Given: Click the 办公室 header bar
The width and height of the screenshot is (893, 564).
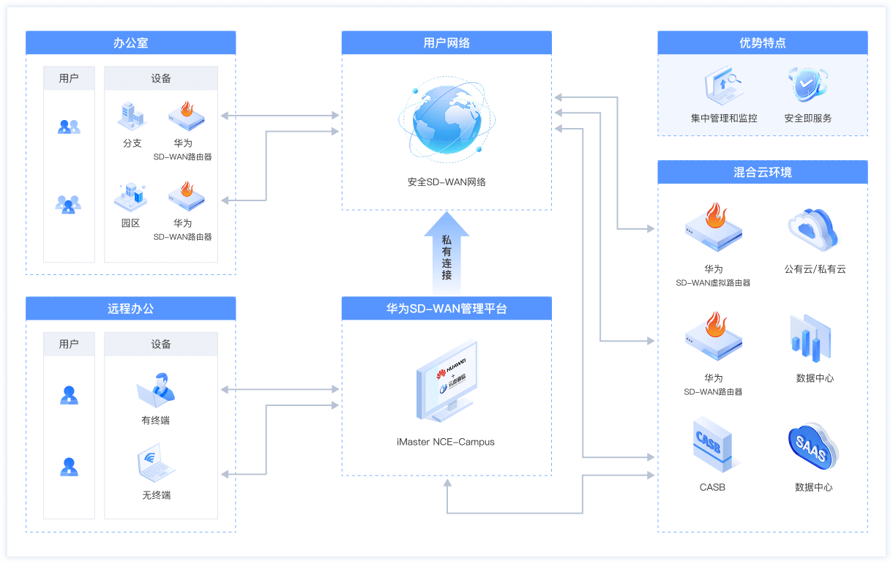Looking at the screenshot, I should tap(130, 42).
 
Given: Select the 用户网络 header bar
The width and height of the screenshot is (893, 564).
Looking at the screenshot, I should tap(446, 42).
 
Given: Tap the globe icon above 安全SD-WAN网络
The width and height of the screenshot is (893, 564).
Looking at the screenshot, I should tap(446, 123).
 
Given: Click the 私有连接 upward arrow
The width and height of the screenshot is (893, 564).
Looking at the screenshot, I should tap(446, 252).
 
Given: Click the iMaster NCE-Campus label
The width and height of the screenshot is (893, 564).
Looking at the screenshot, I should tap(446, 442).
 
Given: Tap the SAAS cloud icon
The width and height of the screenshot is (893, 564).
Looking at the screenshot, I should tap(813, 446).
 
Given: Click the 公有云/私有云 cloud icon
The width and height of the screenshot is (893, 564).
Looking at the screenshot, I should tap(813, 229).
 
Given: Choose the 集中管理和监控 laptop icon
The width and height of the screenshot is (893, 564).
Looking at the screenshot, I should tap(723, 85).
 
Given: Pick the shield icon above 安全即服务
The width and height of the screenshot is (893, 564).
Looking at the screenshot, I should tap(807, 85).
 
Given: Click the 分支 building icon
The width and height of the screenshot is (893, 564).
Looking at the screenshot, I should tap(132, 116).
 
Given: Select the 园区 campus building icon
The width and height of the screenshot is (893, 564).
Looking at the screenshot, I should tap(131, 196).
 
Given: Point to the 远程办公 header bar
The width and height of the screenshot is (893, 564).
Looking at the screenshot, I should tap(130, 309).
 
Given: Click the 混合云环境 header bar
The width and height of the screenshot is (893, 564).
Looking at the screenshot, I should tap(762, 173).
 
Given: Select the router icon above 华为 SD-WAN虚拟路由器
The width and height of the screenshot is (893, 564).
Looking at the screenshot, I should tap(713, 228).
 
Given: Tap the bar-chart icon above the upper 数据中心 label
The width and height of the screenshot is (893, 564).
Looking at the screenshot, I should tap(811, 339).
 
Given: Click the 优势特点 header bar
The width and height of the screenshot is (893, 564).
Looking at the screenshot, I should tap(762, 42).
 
